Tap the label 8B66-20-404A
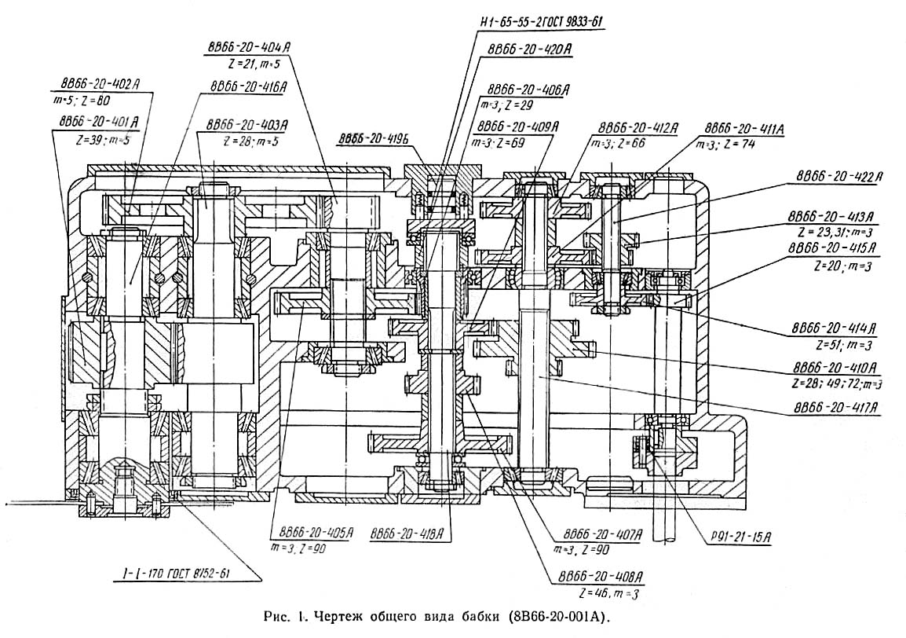250,47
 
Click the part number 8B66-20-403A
247,124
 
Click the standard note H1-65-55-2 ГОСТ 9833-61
535,22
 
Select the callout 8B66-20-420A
530,49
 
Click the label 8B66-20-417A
835,409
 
